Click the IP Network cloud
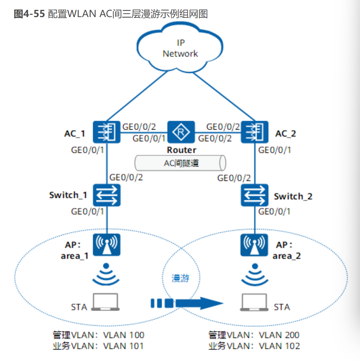click(180, 48)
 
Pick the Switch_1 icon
click(107, 195)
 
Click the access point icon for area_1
click(107, 245)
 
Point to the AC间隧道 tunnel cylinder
click(180, 163)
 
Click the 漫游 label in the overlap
click(180, 278)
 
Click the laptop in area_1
click(106, 302)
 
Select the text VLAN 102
click(279, 346)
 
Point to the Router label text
click(181, 150)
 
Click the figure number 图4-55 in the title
click(29, 14)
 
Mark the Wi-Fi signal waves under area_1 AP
click(107, 275)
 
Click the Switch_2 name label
click(293, 197)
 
